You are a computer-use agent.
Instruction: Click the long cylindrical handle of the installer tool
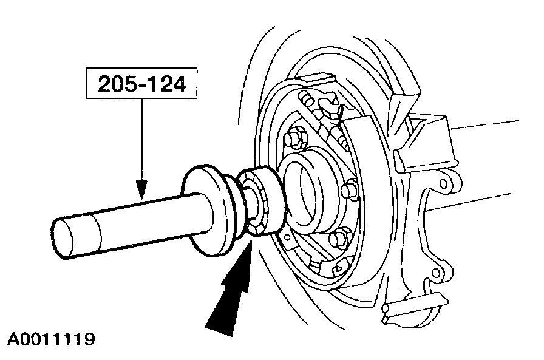click(x=134, y=213)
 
